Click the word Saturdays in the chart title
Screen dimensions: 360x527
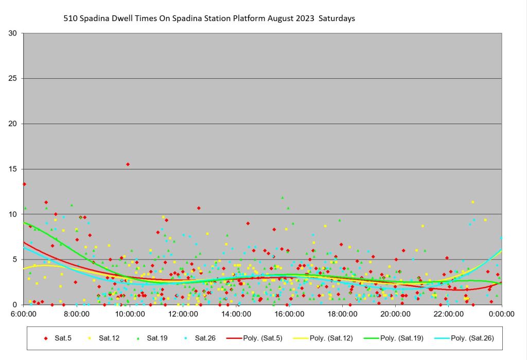tap(337, 19)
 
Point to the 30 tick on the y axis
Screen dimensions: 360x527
tap(13, 33)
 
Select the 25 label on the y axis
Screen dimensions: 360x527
tap(13, 79)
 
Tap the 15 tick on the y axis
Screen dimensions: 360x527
tap(13, 169)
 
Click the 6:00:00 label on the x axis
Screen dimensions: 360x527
tap(24, 313)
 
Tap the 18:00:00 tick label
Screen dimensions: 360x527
tap(342, 313)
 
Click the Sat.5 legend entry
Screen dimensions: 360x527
tap(58, 338)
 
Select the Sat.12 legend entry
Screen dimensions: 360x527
tap(104, 338)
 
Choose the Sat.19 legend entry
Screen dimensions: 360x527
tap(152, 338)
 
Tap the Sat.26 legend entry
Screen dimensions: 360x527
tap(200, 338)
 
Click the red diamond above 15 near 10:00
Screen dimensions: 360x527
tap(128, 164)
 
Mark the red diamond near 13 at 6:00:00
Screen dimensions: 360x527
tap(24, 184)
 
